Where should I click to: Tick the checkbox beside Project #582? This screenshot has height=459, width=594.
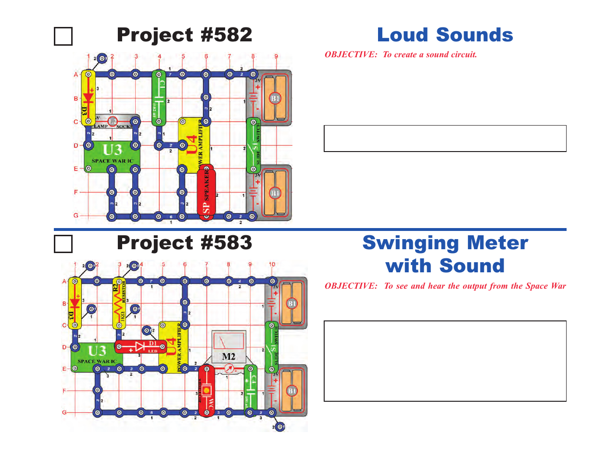pos(63,37)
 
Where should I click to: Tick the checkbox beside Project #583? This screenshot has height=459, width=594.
pos(63,244)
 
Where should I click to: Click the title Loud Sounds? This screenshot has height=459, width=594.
pos(445,35)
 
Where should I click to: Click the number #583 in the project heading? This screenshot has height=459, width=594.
pos(226,243)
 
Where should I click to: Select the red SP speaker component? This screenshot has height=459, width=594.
pos(206,192)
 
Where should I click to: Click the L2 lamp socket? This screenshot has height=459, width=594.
pos(113,121)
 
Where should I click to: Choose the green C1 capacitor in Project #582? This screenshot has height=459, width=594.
pos(159,98)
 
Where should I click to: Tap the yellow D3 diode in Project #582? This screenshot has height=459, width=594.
pos(88,98)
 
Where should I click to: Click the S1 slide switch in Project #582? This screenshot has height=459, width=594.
pos(253,145)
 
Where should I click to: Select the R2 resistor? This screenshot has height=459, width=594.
pos(119,303)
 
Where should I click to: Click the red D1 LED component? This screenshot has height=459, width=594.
pos(140,347)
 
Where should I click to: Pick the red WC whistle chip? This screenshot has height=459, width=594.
pos(207,390)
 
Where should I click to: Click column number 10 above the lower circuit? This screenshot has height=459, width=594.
pos(272,264)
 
